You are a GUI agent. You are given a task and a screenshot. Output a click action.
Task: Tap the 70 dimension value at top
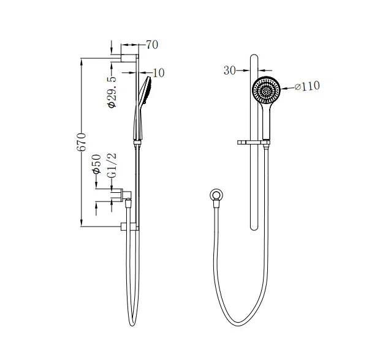153,45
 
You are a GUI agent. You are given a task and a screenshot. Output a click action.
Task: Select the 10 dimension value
159,73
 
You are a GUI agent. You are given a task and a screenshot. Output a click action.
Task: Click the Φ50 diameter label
97,163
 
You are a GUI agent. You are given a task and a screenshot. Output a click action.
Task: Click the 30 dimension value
230,70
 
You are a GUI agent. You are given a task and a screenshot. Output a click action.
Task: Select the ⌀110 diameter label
307,86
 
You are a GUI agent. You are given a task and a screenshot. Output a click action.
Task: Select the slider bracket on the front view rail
253,144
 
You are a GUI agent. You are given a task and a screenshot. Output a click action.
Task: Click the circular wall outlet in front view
216,196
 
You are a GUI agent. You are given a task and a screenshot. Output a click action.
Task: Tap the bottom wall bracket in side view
129,227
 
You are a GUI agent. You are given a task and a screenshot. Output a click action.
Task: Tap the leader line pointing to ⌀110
289,89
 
